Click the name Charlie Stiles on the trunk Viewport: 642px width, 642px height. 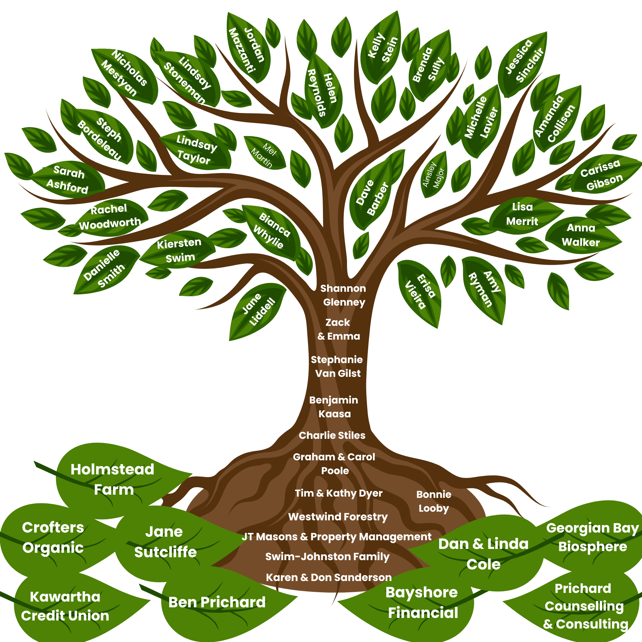point(332,435)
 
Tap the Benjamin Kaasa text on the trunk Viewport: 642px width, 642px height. point(334,407)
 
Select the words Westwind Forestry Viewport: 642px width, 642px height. point(338,517)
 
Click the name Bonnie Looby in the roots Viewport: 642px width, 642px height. point(434,501)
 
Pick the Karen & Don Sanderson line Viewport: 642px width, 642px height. point(329,577)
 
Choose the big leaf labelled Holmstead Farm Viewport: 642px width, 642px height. point(113,479)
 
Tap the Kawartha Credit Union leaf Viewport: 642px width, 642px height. point(65,606)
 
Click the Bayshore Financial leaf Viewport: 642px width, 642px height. point(422,602)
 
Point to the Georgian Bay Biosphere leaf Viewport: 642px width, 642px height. point(592,537)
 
